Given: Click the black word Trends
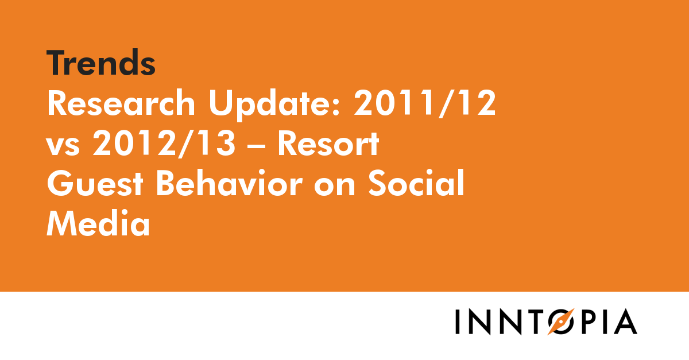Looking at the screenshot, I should point(101,63).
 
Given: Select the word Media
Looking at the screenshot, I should point(98,224).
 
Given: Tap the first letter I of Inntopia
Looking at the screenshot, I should point(458,322).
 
